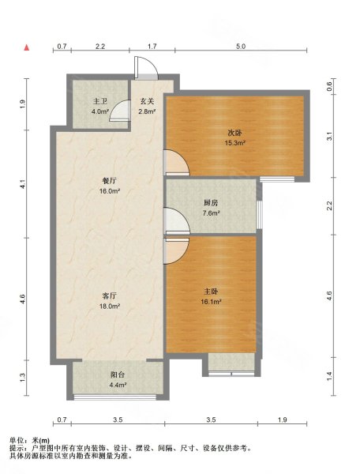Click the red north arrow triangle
click(27, 47)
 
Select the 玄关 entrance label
click(147, 101)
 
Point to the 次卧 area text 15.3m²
click(234, 143)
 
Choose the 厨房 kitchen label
click(211, 203)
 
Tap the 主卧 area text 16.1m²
click(212, 302)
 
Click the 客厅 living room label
click(110, 295)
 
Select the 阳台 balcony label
click(118, 374)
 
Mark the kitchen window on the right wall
click(259, 215)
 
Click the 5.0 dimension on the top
click(241, 47)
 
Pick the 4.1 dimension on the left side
click(23, 184)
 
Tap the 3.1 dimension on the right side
click(330, 137)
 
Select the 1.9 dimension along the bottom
click(282, 419)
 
